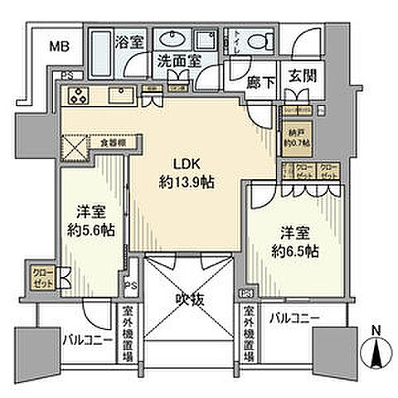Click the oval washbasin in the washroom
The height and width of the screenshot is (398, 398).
click(176, 39)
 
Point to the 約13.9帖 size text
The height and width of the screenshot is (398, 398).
click(187, 182)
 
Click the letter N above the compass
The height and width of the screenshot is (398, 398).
click(377, 333)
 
